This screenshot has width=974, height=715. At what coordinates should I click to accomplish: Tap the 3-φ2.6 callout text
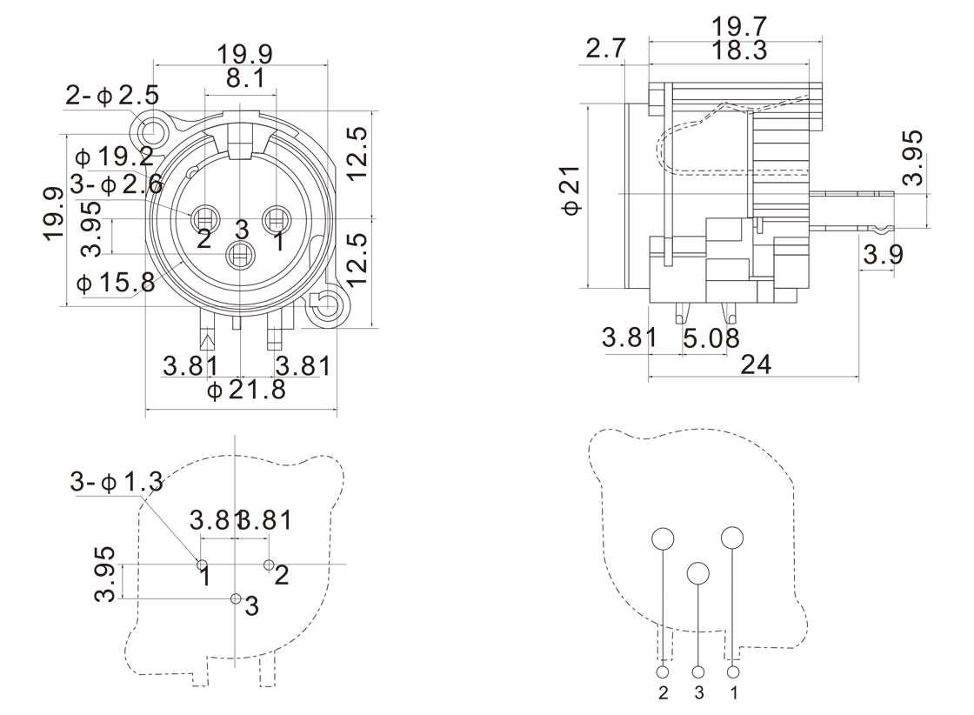[x=116, y=184]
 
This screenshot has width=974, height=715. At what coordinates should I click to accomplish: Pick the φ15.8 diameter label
[x=115, y=283]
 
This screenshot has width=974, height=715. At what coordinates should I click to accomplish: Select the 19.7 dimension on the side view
[x=738, y=27]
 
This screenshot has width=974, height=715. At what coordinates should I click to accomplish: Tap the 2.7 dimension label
[x=605, y=49]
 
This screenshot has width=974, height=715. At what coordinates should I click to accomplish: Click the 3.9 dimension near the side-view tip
[x=884, y=255]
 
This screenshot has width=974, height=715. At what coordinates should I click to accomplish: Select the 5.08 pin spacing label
[x=711, y=337]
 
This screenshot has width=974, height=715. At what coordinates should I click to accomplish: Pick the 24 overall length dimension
[x=756, y=364]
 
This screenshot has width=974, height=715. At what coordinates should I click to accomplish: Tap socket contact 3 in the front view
[x=240, y=256]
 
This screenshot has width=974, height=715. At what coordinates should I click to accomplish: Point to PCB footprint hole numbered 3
[x=236, y=598]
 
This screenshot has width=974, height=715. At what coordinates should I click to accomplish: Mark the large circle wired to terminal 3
[x=698, y=572]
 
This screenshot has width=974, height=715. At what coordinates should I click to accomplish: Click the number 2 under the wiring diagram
[x=664, y=693]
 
